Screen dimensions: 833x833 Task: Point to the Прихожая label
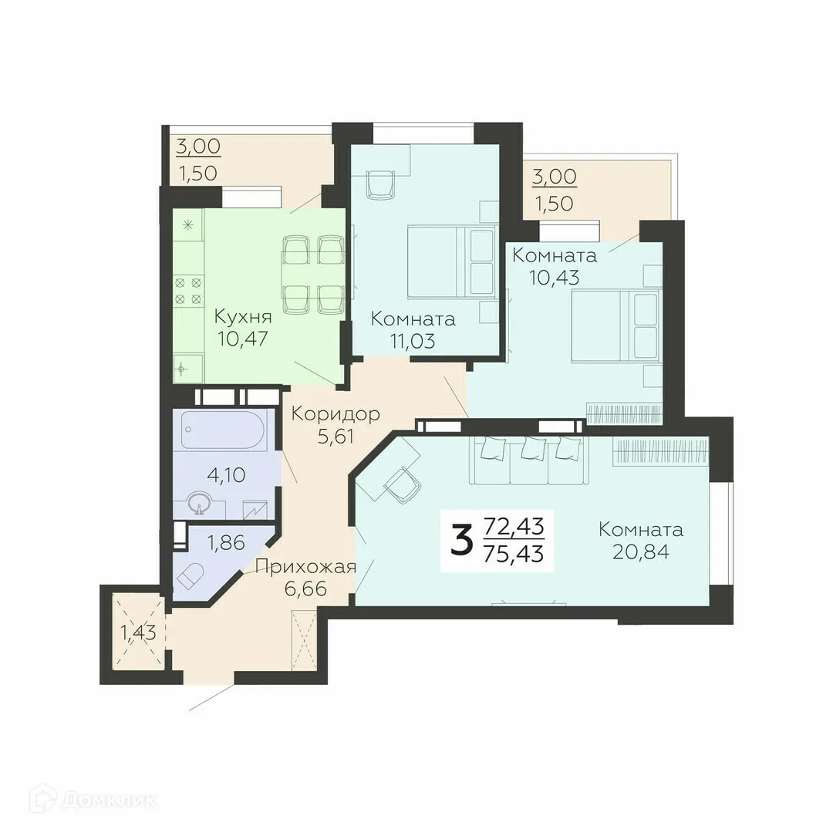(x=305, y=568)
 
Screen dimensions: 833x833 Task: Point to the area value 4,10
(x=227, y=474)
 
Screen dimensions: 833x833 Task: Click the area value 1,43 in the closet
(x=138, y=633)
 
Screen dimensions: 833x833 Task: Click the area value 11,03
(x=412, y=339)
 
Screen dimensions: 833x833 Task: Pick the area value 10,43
(x=554, y=276)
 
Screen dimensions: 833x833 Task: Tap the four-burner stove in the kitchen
(x=188, y=290)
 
